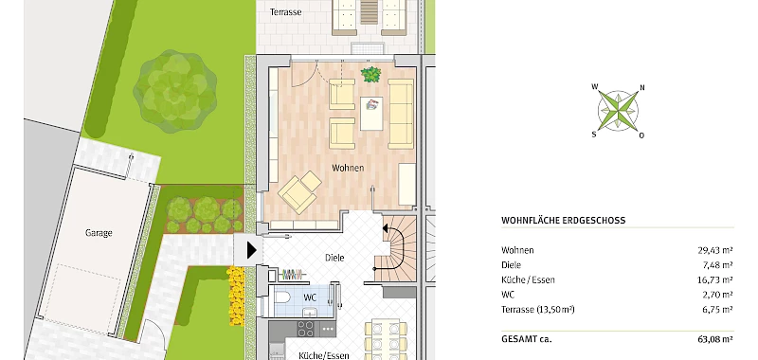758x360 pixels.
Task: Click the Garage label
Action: click(x=99, y=233)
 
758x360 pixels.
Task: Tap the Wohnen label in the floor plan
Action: click(x=348, y=168)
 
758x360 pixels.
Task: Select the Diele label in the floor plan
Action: click(x=334, y=258)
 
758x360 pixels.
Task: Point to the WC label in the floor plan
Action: click(x=310, y=297)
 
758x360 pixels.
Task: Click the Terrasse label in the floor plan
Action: click(x=286, y=12)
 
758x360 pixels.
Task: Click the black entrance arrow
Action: click(x=251, y=250)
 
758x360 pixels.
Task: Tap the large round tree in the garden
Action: click(x=175, y=91)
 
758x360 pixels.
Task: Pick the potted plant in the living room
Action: click(x=370, y=75)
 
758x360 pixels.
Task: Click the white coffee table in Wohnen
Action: click(x=371, y=113)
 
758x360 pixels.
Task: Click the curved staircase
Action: click(x=395, y=248)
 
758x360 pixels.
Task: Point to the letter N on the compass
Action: click(x=642, y=88)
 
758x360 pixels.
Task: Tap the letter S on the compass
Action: click(x=594, y=135)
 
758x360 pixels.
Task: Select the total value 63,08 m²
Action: click(x=715, y=339)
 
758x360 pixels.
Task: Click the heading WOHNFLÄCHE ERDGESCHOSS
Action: click(x=563, y=221)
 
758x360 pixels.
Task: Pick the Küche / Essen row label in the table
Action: click(x=528, y=279)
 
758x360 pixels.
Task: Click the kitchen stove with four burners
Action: click(x=305, y=329)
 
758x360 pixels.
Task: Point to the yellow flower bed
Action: click(x=236, y=296)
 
